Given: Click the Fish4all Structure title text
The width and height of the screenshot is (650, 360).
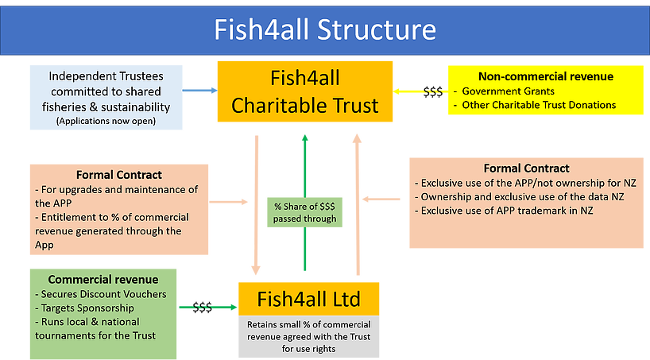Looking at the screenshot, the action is [325, 29].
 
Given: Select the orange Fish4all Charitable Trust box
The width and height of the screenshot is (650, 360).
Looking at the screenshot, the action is [305, 91].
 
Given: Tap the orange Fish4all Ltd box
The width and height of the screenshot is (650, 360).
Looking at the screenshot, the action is [309, 299].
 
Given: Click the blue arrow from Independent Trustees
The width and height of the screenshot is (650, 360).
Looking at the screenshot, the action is [199, 90].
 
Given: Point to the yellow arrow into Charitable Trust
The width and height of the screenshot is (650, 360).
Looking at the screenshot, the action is [421, 91].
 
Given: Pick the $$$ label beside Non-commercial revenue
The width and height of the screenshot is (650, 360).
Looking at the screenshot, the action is [433, 91].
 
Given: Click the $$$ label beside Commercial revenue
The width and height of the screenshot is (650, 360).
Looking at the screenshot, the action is [203, 308].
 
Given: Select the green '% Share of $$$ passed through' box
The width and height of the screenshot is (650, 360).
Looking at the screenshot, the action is [304, 212].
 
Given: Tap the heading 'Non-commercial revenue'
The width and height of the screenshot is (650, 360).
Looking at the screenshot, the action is [546, 76].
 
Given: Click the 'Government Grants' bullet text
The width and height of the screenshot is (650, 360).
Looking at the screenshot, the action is [509, 91].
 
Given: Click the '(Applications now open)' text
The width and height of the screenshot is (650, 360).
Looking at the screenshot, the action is [106, 121].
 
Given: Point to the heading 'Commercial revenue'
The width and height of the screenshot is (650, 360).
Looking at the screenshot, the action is [103, 280].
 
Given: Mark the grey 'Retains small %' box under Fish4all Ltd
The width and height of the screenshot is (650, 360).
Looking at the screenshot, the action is [309, 337].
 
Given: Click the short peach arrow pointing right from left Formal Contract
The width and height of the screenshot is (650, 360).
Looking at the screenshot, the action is [228, 202].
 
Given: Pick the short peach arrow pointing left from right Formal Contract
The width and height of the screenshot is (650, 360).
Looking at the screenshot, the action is [381, 199].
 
